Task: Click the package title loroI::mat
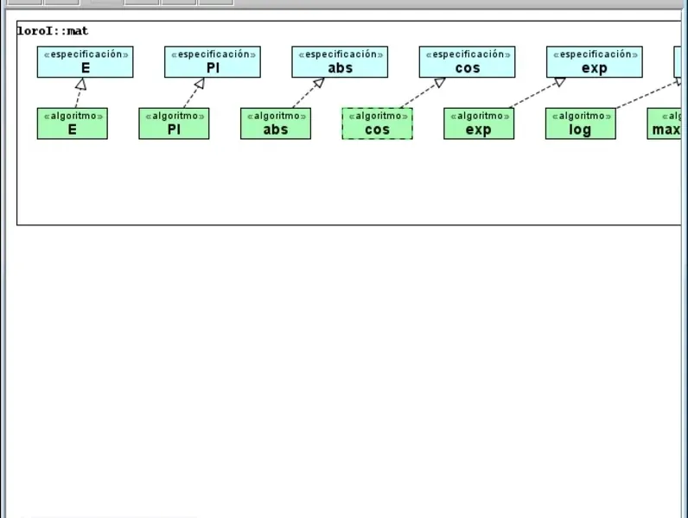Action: [x=53, y=32]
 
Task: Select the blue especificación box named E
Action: [x=85, y=62]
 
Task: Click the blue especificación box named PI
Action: [x=213, y=62]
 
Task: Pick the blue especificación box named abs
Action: [x=340, y=62]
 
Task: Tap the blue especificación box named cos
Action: [x=467, y=62]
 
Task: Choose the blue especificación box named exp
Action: [x=594, y=62]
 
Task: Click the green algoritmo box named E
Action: [x=73, y=123]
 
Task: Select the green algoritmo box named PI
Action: [x=174, y=123]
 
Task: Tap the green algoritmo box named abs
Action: [x=276, y=123]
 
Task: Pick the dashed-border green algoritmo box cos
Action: [x=377, y=123]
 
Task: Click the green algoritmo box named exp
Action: [x=479, y=123]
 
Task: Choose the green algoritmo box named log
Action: [x=580, y=123]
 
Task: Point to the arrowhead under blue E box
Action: [x=80, y=84]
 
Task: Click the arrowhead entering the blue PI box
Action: [x=199, y=84]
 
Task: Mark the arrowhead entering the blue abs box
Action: [x=320, y=84]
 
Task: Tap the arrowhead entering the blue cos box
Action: [x=438, y=83]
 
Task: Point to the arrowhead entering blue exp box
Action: [x=559, y=82]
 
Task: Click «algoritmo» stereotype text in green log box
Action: [x=580, y=116]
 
